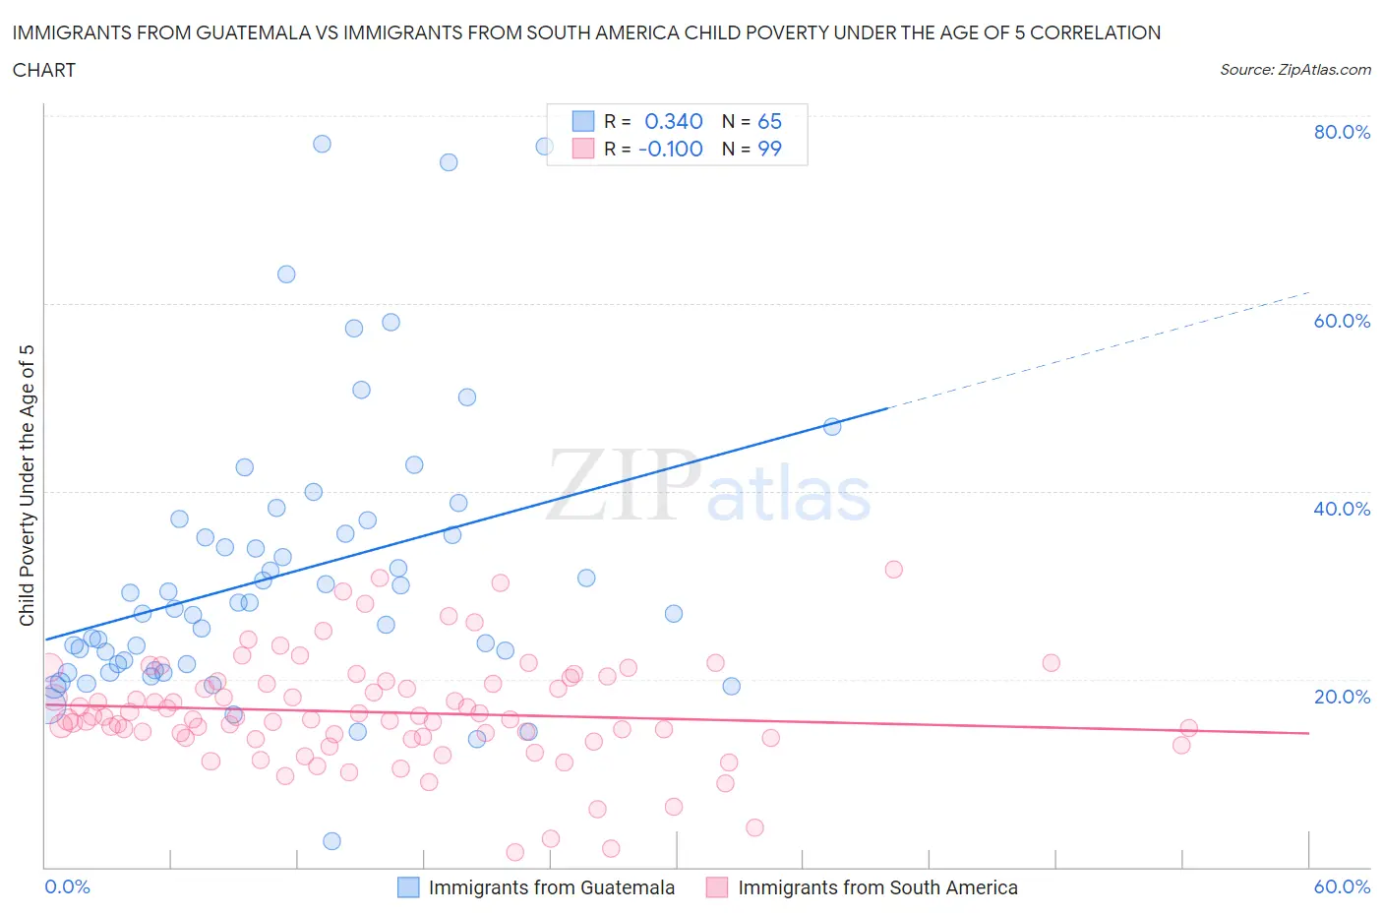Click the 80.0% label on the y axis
(1342, 132)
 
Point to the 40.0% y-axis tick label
(1342, 509)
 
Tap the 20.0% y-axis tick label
(1342, 697)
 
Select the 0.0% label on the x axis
(67, 886)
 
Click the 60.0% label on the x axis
(1342, 886)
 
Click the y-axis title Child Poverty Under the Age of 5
(28, 485)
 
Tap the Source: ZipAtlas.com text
(1294, 70)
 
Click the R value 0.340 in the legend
(673, 121)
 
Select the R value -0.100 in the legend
(670, 149)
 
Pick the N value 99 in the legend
(769, 149)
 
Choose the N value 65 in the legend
(769, 121)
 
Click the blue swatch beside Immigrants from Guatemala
(408, 887)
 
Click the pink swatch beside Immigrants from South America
(717, 887)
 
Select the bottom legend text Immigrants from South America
(877, 887)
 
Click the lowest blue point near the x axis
(331, 841)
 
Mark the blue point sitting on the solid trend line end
(832, 426)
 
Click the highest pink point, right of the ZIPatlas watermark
(893, 569)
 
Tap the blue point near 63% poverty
(286, 274)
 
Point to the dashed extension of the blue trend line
(1102, 348)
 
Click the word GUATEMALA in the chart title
(250, 32)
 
